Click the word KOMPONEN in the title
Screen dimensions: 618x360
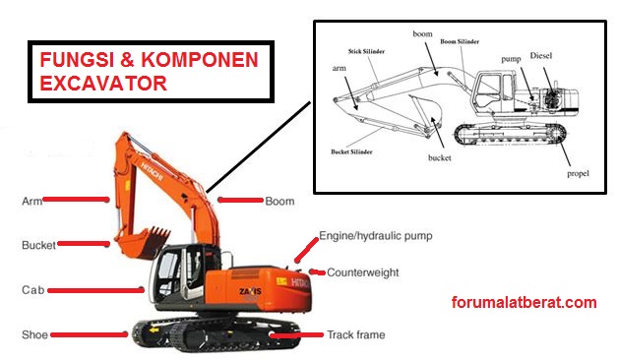[x=199, y=60]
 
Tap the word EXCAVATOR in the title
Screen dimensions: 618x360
[x=103, y=84]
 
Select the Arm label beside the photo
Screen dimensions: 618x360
[x=31, y=202]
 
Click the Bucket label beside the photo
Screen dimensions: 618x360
[x=38, y=245]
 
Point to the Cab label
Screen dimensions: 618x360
[x=32, y=290]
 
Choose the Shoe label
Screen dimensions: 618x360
[x=34, y=334]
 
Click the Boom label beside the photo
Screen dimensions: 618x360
[x=279, y=202]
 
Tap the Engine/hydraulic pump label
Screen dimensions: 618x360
[x=376, y=236]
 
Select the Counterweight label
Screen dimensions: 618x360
[x=362, y=272]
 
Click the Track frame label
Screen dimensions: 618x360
[x=356, y=334]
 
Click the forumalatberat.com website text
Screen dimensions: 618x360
[x=524, y=303]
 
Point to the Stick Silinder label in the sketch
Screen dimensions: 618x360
[x=366, y=51]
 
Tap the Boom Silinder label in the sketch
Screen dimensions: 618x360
[x=460, y=41]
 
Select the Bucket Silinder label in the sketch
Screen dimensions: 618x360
[x=351, y=151]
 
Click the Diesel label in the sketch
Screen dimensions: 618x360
[x=541, y=55]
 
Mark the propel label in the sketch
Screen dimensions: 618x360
[x=578, y=174]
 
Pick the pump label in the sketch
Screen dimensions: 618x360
[x=511, y=59]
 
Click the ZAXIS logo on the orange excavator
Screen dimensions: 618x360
[x=250, y=291]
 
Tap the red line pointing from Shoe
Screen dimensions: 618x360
[x=90, y=334]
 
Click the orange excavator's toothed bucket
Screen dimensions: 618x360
[x=142, y=243]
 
